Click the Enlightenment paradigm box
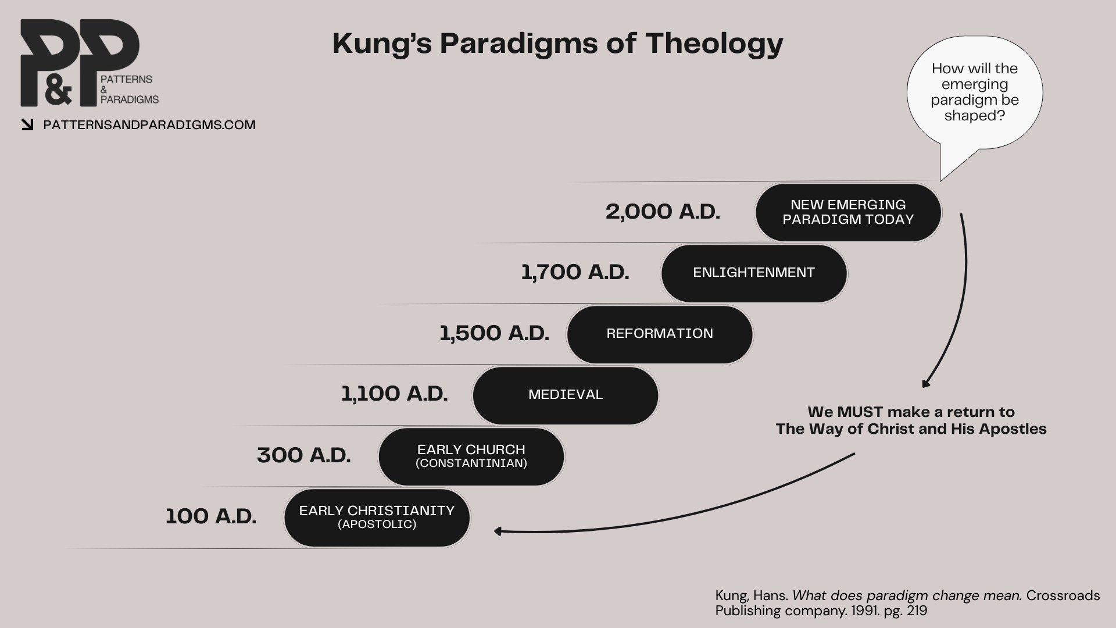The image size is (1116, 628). click(x=754, y=273)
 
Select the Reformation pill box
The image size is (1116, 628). click(x=660, y=334)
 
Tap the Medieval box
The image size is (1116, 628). click(x=566, y=395)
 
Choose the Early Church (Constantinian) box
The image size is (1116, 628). click(x=471, y=456)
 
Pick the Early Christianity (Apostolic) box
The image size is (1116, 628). click(x=377, y=517)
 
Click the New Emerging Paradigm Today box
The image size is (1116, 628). click(x=848, y=212)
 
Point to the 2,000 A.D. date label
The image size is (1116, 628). click(x=663, y=212)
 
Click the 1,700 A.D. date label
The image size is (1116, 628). click(x=575, y=272)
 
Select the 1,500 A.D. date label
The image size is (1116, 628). click(x=494, y=333)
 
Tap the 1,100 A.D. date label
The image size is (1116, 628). click(x=394, y=394)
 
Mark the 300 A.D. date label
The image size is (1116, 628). click(x=304, y=455)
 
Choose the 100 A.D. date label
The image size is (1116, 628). click(x=211, y=516)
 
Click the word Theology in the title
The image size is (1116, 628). click(x=714, y=44)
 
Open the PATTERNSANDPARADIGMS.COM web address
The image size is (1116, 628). click(x=149, y=125)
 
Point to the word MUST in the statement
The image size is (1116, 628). click(x=860, y=412)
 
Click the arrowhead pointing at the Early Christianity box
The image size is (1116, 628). click(x=498, y=531)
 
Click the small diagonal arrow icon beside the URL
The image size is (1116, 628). click(x=27, y=124)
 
